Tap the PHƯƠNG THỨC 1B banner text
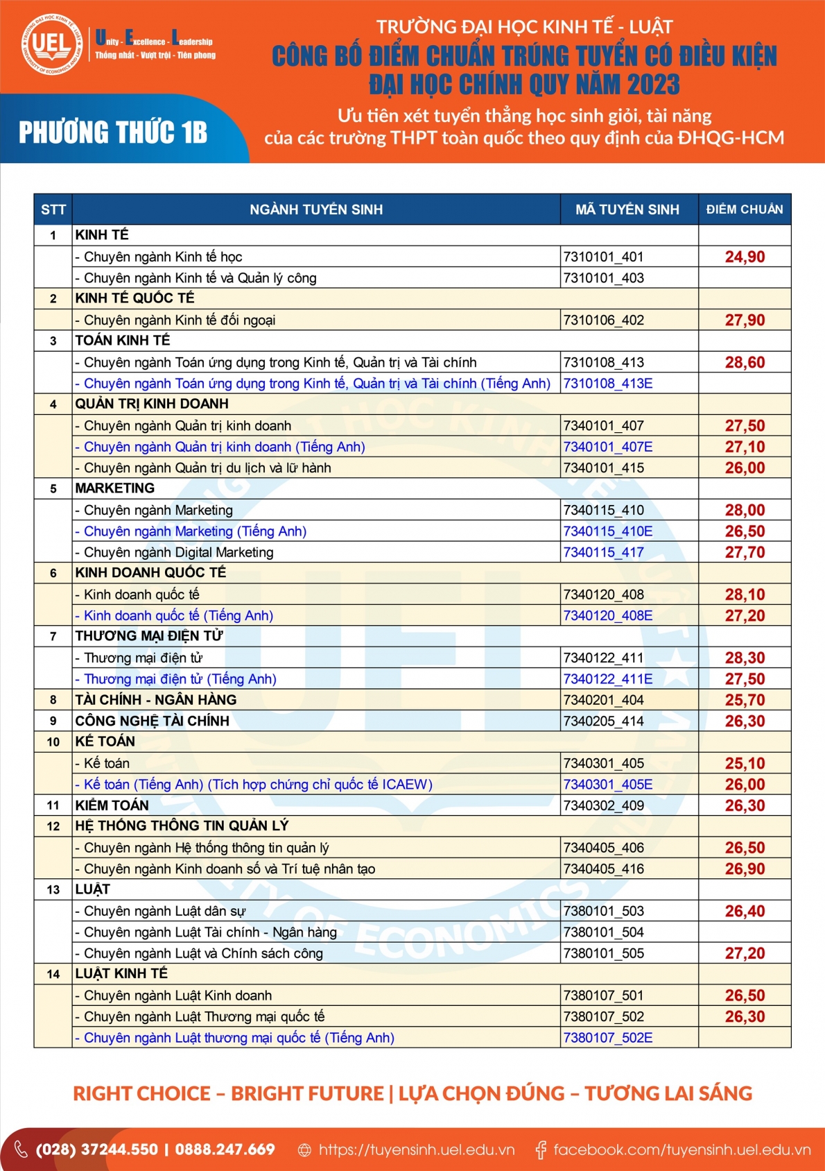click(113, 133)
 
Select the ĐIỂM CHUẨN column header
click(745, 210)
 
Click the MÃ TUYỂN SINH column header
click(627, 210)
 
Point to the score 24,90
click(745, 257)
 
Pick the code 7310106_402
click(604, 320)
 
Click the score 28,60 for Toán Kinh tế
click(745, 362)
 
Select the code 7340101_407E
click(608, 447)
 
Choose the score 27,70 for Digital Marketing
click(745, 552)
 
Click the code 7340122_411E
click(608, 679)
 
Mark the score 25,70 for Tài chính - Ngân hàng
click(745, 700)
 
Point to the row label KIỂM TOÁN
click(112, 805)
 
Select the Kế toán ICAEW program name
click(254, 785)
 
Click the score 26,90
click(745, 869)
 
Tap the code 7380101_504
click(604, 932)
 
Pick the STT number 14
click(53, 974)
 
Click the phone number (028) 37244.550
click(96, 1149)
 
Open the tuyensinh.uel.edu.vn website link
click(416, 1149)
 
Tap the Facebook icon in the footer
click(541, 1150)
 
